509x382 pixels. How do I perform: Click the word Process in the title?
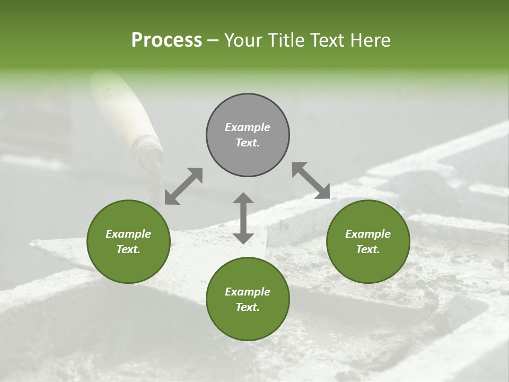[x=166, y=40]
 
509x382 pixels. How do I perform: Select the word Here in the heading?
[x=370, y=40]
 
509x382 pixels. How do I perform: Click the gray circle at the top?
[x=248, y=135]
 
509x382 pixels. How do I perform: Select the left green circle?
[x=128, y=241]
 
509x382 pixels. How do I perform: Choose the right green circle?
[x=368, y=241]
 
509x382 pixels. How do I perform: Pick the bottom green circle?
[x=248, y=299]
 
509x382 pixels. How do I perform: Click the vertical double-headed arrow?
[x=243, y=218]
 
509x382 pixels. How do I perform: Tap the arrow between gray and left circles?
[x=183, y=186]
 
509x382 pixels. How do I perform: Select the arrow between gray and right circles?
[x=311, y=180]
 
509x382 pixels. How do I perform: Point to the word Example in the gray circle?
[x=248, y=127]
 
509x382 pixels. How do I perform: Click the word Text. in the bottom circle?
[x=248, y=307]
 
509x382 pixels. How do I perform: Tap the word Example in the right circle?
[x=368, y=234]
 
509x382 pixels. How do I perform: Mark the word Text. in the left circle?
[x=128, y=249]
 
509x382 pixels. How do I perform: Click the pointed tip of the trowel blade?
[x=33, y=242]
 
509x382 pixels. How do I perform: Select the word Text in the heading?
[x=327, y=40]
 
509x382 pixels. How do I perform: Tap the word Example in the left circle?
[x=128, y=234]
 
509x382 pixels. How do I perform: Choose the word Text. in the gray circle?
[x=248, y=143]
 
